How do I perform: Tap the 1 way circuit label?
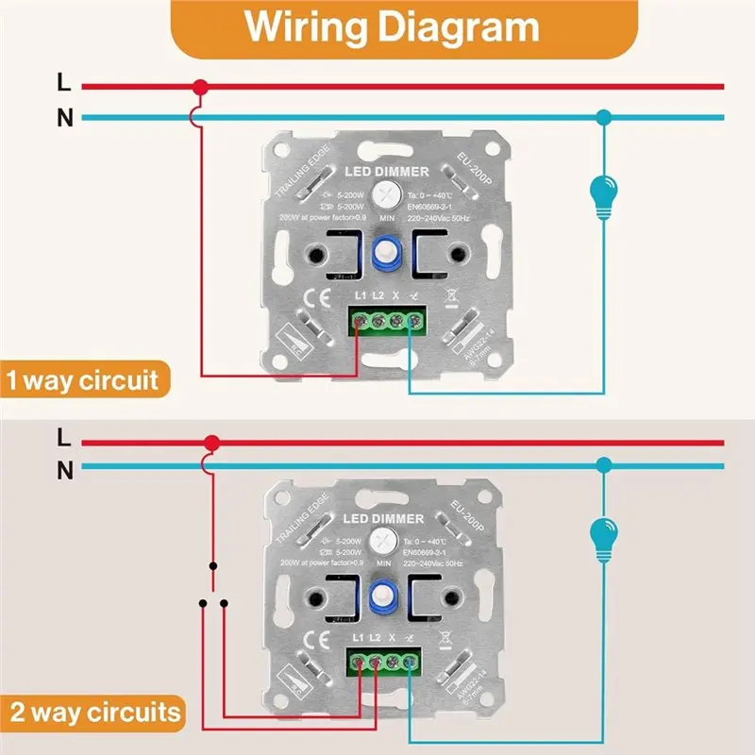tap(84, 382)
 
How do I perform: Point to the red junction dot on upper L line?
tap(199, 87)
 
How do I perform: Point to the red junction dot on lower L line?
tap(211, 442)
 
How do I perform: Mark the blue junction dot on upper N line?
tap(603, 118)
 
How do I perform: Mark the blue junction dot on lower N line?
tap(603, 465)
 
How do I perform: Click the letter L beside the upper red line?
tap(64, 83)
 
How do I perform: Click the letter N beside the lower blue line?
tap(64, 468)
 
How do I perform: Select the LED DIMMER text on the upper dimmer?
tap(386, 172)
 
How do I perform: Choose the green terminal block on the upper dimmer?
tap(388, 321)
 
